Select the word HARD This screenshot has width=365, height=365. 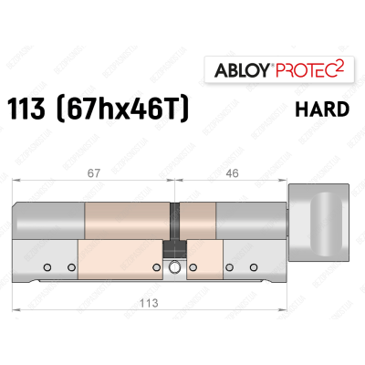coord(324,110)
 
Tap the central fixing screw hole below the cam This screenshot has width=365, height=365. coord(174,267)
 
